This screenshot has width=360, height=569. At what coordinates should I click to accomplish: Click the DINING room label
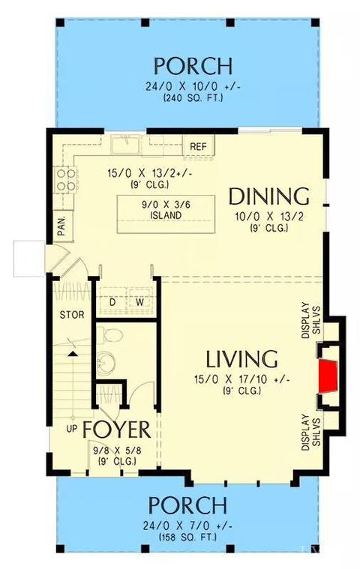pyautogui.click(x=268, y=196)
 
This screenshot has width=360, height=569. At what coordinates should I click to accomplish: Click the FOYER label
pyautogui.click(x=116, y=430)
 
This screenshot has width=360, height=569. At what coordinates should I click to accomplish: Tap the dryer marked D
pyautogui.click(x=112, y=302)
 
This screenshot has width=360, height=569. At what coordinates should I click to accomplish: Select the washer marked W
pyautogui.click(x=139, y=302)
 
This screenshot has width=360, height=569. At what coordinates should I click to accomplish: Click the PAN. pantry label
pyautogui.click(x=62, y=223)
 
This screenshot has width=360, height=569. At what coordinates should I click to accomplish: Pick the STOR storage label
pyautogui.click(x=72, y=314)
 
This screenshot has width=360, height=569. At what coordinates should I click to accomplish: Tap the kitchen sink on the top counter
pyautogui.click(x=124, y=145)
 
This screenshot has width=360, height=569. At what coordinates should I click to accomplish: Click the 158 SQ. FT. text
pyautogui.click(x=187, y=538)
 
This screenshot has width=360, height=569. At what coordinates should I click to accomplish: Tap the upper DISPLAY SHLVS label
pyautogui.click(x=310, y=319)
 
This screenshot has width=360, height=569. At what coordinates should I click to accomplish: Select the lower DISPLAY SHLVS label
pyautogui.click(x=310, y=431)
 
